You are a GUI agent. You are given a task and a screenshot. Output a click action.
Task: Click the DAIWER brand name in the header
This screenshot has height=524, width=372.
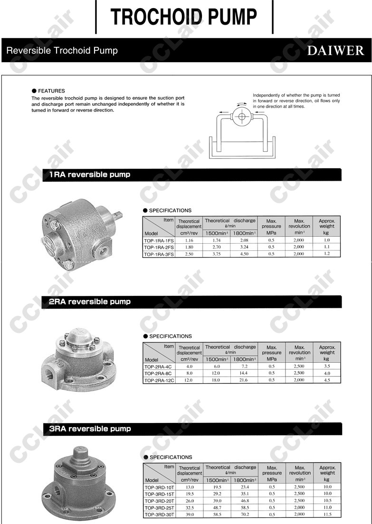pyautogui.click(x=335, y=51)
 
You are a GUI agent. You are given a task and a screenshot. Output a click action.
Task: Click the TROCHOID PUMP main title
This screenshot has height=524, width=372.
pyautogui.click(x=184, y=17)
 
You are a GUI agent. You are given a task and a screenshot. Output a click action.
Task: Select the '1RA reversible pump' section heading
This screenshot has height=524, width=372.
pyautogui.click(x=90, y=175)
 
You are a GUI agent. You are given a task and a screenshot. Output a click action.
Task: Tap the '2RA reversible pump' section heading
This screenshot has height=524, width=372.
pyautogui.click(x=90, y=302)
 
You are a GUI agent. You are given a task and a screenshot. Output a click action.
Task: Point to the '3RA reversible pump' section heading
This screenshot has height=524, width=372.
pyautogui.click(x=90, y=429)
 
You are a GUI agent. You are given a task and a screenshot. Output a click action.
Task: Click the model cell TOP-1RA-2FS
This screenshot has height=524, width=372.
pyautogui.click(x=159, y=248)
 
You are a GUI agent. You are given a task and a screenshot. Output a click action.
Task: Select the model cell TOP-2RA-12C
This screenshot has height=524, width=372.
pyautogui.click(x=159, y=380)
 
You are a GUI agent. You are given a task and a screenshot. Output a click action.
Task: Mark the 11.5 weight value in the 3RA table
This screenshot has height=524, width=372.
pyautogui.click(x=327, y=514)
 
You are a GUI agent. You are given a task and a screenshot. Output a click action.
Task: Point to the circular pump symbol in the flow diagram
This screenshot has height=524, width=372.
pyautogui.click(x=241, y=116)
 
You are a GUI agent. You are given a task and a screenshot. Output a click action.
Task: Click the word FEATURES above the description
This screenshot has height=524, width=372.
pyautogui.click(x=51, y=91)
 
